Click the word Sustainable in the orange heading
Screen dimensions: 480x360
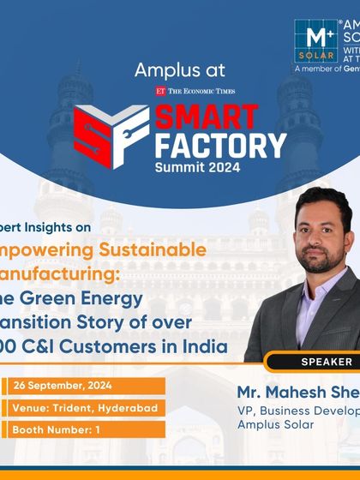pos(157,250)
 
